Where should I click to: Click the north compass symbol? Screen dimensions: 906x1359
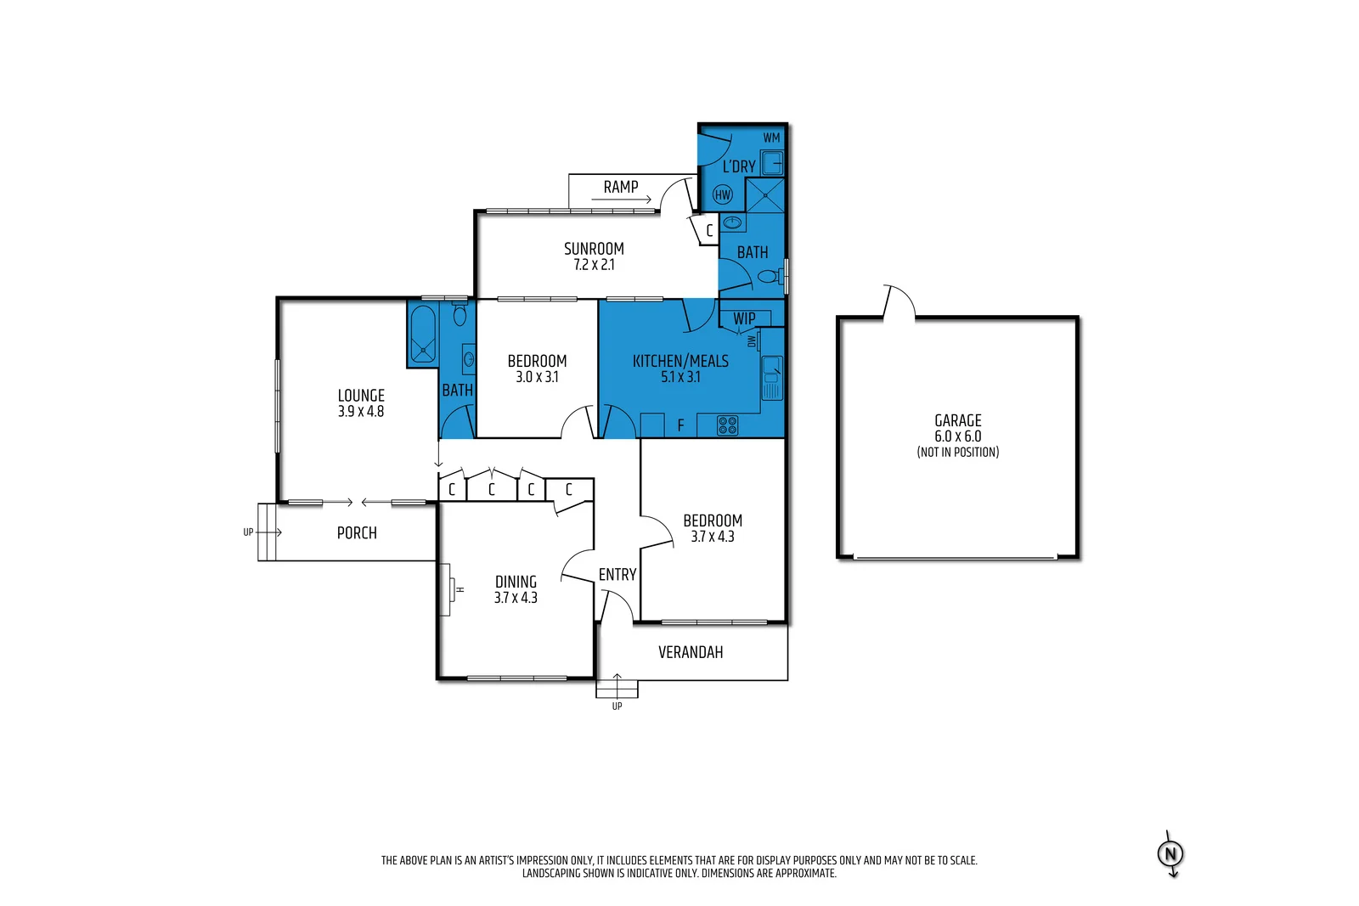[x=1170, y=853]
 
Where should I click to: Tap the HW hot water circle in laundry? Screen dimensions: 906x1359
[x=723, y=194]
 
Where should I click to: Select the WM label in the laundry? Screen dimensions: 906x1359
[x=770, y=138]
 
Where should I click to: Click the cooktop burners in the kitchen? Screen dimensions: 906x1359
[x=727, y=425]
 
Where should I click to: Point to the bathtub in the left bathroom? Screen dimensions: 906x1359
[x=422, y=334]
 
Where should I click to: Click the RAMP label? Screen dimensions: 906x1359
[x=621, y=187]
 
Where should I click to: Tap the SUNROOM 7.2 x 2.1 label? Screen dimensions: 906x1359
[x=594, y=256]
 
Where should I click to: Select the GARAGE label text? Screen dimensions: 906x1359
[x=958, y=420]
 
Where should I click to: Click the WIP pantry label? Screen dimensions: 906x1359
[x=744, y=318]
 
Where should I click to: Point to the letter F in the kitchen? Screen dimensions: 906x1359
[x=680, y=425]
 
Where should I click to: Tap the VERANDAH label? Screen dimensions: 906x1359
[x=691, y=652]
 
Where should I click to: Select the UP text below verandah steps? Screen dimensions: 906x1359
[x=617, y=706]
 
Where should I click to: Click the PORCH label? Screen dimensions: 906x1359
[x=357, y=532]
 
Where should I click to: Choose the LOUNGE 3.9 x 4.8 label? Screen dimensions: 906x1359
[x=361, y=402]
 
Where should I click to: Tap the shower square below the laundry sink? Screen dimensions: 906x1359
[x=764, y=195]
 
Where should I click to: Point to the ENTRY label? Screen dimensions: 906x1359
[x=617, y=575]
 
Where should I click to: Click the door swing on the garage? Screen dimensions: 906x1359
[x=899, y=301]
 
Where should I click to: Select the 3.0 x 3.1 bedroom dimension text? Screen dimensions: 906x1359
[x=537, y=377]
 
